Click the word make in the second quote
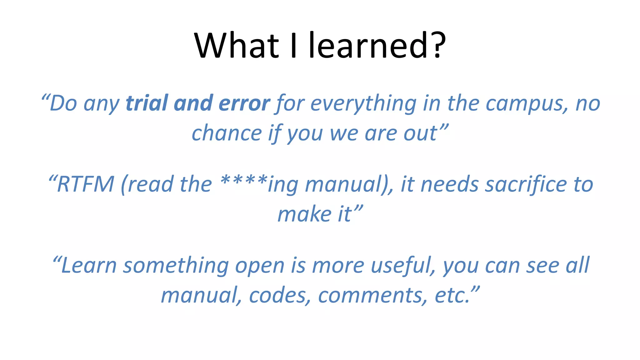pos(304,214)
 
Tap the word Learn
pos(89,265)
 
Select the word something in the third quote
pos(176,266)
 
